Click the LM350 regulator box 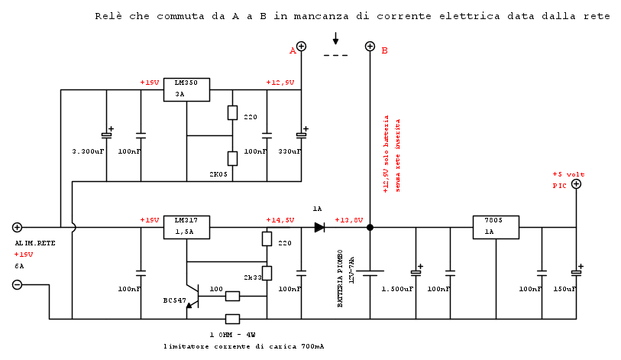[x=186, y=89]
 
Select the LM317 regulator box [x=186, y=227]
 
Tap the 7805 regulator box [x=496, y=227]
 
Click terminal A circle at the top [x=301, y=47]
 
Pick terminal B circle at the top [x=370, y=47]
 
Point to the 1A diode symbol [x=319, y=227]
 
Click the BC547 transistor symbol [x=192, y=296]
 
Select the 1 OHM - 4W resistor [x=232, y=319]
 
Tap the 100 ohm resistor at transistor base [x=232, y=296]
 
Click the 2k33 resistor [x=267, y=273]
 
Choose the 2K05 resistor [x=232, y=158]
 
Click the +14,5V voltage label [x=280, y=220]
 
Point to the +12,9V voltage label [x=280, y=83]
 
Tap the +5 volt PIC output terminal [x=576, y=183]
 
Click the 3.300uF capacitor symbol [x=106, y=135]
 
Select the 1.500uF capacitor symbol [x=416, y=272]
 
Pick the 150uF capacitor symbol [x=576, y=272]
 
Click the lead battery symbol [x=370, y=272]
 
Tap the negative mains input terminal [x=17, y=285]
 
